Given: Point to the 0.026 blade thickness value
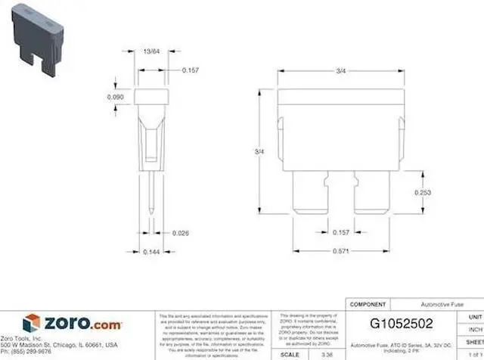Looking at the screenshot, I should pyautogui.click(x=181, y=232).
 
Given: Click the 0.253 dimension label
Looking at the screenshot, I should pyautogui.click(x=423, y=193).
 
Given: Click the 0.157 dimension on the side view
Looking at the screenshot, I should pyautogui.click(x=191, y=70).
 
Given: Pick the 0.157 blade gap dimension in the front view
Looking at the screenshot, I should pyautogui.click(x=341, y=232).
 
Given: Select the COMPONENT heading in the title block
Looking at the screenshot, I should pyautogui.click(x=368, y=304).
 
